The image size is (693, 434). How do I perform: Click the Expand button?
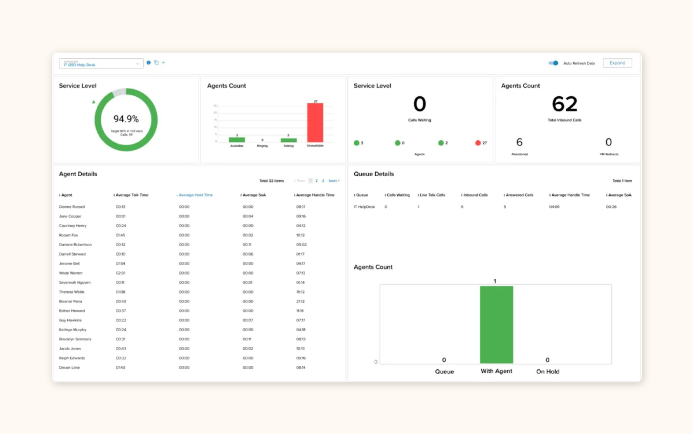point(617,63)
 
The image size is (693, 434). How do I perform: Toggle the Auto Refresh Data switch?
point(553,63)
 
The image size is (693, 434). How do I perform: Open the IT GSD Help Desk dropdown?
point(101,63)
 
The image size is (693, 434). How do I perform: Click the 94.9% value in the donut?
point(126,119)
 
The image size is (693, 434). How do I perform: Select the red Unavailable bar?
point(315,123)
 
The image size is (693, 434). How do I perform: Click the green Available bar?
point(237,140)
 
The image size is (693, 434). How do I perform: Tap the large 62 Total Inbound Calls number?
point(564,104)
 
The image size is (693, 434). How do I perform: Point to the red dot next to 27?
point(478,143)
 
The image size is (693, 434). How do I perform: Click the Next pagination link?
point(333,181)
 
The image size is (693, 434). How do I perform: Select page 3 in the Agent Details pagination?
point(323,181)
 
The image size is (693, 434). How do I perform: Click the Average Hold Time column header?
point(195,195)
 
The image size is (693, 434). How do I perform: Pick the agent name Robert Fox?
point(68,235)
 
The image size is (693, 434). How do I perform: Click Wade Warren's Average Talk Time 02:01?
point(120,273)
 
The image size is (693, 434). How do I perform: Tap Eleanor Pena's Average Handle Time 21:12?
point(300,301)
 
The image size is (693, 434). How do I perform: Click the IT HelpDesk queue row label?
point(364,207)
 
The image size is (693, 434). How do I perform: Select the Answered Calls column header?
point(519,195)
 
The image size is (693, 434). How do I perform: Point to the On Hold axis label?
point(548,372)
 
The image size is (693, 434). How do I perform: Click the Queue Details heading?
point(373,174)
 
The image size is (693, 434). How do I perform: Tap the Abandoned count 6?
point(519,142)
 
